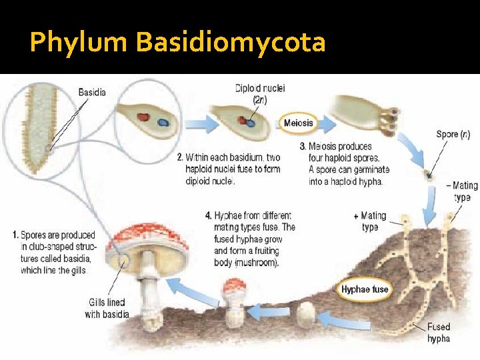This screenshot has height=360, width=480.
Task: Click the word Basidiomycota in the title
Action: point(230,43)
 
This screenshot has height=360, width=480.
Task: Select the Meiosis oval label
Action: point(298,123)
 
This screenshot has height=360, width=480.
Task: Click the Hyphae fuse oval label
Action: point(365,289)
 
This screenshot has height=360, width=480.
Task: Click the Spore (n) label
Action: point(453,134)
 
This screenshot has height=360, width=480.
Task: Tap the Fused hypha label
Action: point(438,333)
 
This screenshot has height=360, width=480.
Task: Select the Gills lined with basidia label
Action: point(107,309)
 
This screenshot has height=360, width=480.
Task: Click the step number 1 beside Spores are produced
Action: point(15,235)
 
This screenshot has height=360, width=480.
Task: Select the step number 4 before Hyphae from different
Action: point(209,215)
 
